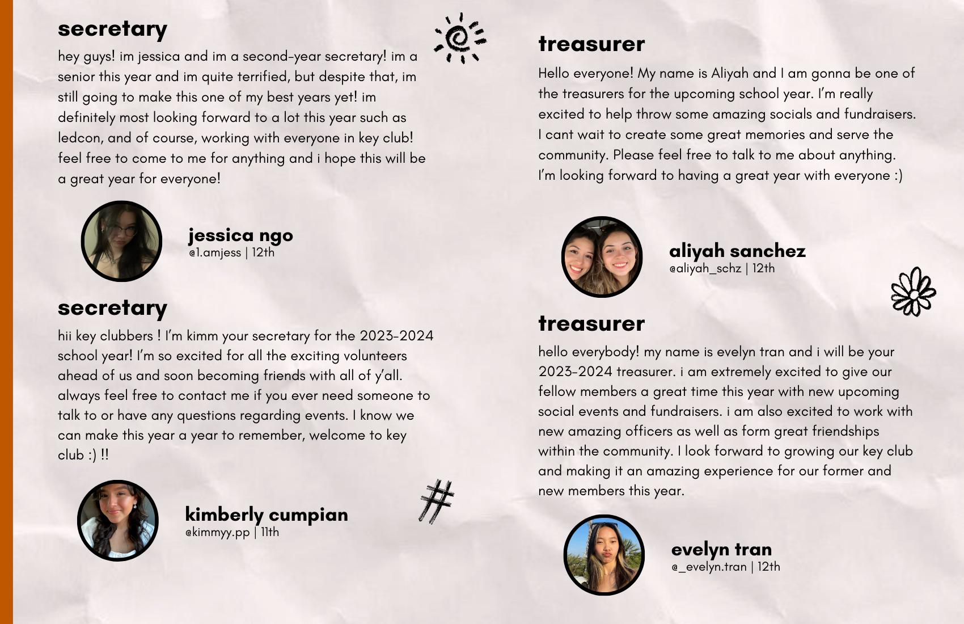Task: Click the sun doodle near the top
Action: [460, 38]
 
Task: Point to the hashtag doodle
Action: [437, 501]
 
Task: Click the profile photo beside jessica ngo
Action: [121, 241]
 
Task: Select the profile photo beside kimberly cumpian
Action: [118, 521]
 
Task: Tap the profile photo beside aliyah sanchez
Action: [602, 257]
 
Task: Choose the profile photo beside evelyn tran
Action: [604, 555]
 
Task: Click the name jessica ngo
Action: [240, 235]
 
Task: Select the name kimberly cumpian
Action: [267, 514]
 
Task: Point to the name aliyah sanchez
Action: [737, 251]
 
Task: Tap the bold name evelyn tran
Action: [721, 549]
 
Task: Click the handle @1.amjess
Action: [215, 253]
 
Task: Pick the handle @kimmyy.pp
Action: [217, 533]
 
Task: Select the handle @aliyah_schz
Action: [705, 269]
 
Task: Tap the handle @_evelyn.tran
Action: [709, 567]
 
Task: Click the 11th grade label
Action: [269, 532]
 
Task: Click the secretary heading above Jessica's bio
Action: [112, 29]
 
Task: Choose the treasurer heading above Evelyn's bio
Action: [591, 323]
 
